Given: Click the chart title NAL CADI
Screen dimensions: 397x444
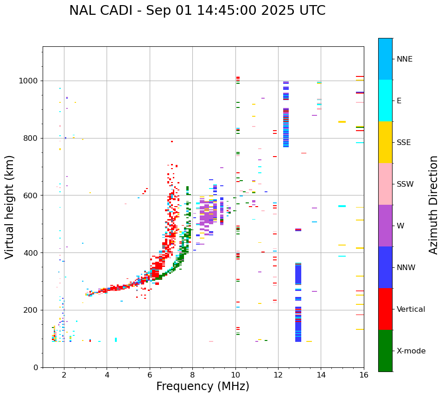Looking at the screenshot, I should (197, 11).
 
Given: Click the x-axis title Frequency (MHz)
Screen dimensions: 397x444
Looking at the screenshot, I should (203, 386).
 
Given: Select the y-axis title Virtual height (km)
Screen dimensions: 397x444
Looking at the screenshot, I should (10, 207).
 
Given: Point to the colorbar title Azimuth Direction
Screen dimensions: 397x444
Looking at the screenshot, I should (433, 205).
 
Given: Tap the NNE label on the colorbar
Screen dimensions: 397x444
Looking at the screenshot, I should (404, 59).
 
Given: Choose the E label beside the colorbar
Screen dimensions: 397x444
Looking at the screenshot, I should (400, 101).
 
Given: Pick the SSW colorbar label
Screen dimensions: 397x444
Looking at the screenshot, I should (405, 184).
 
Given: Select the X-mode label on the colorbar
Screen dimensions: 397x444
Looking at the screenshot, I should (411, 351).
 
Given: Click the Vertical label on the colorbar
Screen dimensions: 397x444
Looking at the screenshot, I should (411, 309).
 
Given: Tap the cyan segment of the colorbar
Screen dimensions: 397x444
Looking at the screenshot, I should (385, 101).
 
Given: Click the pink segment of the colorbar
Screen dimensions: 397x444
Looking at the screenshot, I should (385, 184).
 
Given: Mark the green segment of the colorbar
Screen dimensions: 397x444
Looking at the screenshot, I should (385, 351).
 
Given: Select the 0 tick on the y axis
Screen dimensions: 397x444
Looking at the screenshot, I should (36, 367).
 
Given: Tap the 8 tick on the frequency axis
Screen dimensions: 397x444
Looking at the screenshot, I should (192, 375).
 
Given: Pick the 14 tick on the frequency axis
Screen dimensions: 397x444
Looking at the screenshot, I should (321, 375).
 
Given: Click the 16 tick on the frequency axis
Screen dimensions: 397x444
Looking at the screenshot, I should (364, 375).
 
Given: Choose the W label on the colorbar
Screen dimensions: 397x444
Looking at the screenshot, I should (400, 226).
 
